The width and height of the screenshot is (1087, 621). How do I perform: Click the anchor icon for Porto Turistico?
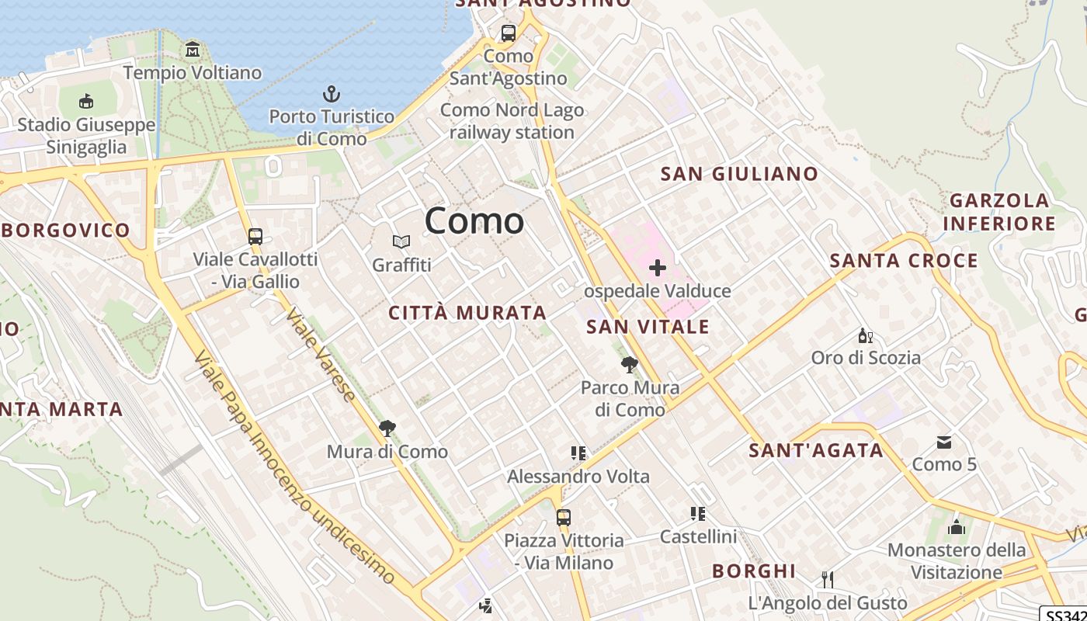[x=332, y=95]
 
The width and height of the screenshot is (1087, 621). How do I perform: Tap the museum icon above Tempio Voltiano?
[x=193, y=50]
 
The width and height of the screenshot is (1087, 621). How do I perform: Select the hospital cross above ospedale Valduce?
[x=658, y=269]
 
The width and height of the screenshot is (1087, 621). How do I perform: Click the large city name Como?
[x=474, y=221]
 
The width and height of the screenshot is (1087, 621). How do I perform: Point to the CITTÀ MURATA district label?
[x=467, y=314]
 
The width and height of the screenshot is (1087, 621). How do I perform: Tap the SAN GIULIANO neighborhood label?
[x=739, y=174]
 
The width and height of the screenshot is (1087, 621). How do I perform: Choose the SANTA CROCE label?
[x=904, y=261]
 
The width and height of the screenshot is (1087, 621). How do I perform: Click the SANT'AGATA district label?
[x=816, y=450]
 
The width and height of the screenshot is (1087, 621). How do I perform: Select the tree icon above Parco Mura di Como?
[x=630, y=365]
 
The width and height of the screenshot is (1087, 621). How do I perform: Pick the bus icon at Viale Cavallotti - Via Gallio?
[x=255, y=237]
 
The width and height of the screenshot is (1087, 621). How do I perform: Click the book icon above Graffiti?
[x=401, y=242]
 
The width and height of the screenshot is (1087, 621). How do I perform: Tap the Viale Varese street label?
[x=320, y=355]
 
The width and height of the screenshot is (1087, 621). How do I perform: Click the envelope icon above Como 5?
[x=944, y=442]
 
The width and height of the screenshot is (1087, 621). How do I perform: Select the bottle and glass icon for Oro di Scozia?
[x=866, y=336]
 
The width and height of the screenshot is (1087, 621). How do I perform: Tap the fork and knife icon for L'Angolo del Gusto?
[x=828, y=580]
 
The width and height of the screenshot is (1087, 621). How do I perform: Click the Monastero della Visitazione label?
[x=957, y=561]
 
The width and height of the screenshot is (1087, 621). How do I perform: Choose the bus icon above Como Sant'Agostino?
[x=509, y=33]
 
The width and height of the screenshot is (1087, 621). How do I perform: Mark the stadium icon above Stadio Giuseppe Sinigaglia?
[x=86, y=102]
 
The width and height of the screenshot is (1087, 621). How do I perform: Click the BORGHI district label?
[x=754, y=571]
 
